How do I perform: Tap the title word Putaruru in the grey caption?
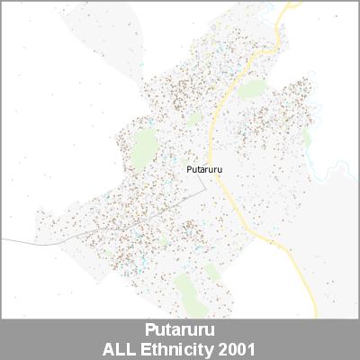point(179,329)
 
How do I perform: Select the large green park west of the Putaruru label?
point(141,150)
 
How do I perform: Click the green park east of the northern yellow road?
point(253,89)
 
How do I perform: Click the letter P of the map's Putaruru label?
point(187,167)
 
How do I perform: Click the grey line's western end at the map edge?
point(2,239)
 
